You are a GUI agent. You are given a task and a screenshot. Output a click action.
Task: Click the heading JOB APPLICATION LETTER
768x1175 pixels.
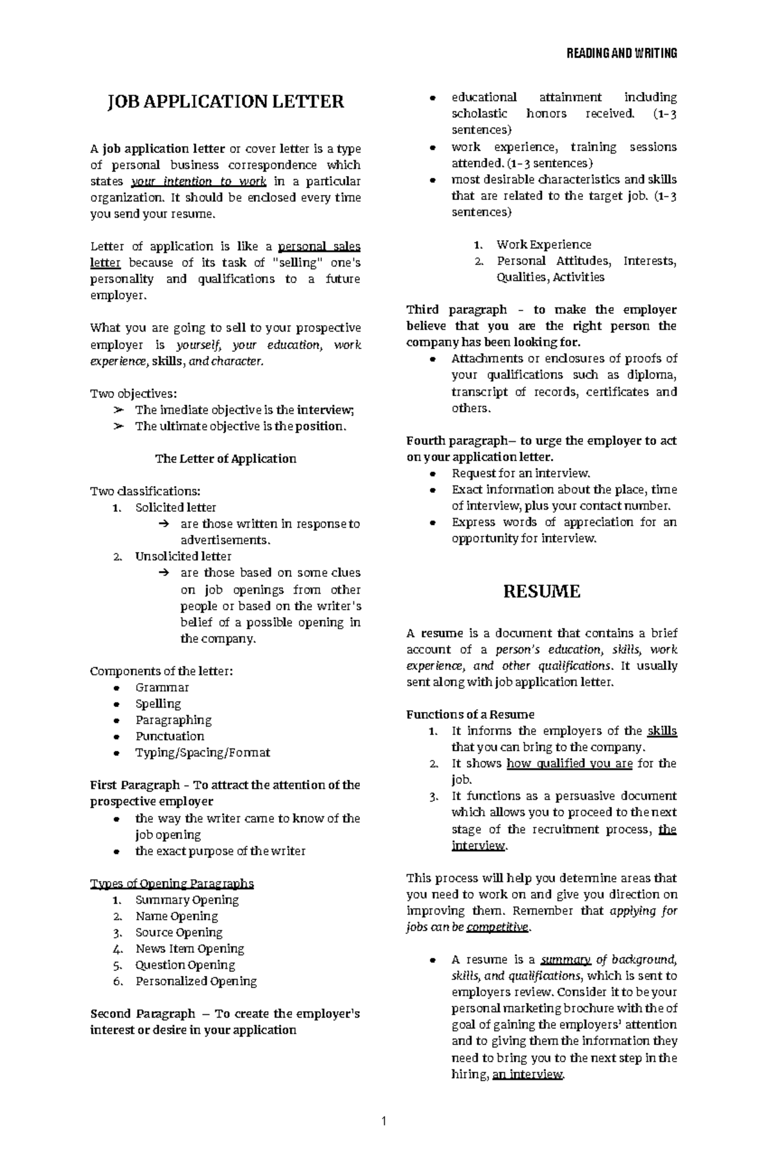225,101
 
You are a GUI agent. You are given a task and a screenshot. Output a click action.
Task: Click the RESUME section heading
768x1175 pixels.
541,591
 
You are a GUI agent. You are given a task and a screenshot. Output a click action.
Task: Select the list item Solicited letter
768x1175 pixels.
175,507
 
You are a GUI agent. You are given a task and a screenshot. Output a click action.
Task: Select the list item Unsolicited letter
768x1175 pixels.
183,556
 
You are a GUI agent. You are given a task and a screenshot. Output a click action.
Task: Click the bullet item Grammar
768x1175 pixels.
162,687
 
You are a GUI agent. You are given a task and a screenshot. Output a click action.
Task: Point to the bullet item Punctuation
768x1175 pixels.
170,736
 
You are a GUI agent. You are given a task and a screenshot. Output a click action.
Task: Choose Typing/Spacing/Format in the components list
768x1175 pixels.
202,752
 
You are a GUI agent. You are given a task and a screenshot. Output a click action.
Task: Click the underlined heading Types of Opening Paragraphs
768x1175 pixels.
172,883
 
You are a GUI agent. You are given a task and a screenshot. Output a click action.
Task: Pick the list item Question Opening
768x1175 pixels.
185,964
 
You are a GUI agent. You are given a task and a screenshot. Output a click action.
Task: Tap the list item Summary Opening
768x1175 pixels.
187,899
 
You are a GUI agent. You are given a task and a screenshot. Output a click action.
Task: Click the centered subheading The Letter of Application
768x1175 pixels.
225,458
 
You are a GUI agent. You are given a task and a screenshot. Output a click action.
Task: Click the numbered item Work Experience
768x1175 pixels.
543,244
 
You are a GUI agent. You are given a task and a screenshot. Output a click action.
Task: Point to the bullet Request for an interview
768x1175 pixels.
520,473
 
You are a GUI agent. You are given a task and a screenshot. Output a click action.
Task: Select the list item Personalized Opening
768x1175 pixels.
196,981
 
